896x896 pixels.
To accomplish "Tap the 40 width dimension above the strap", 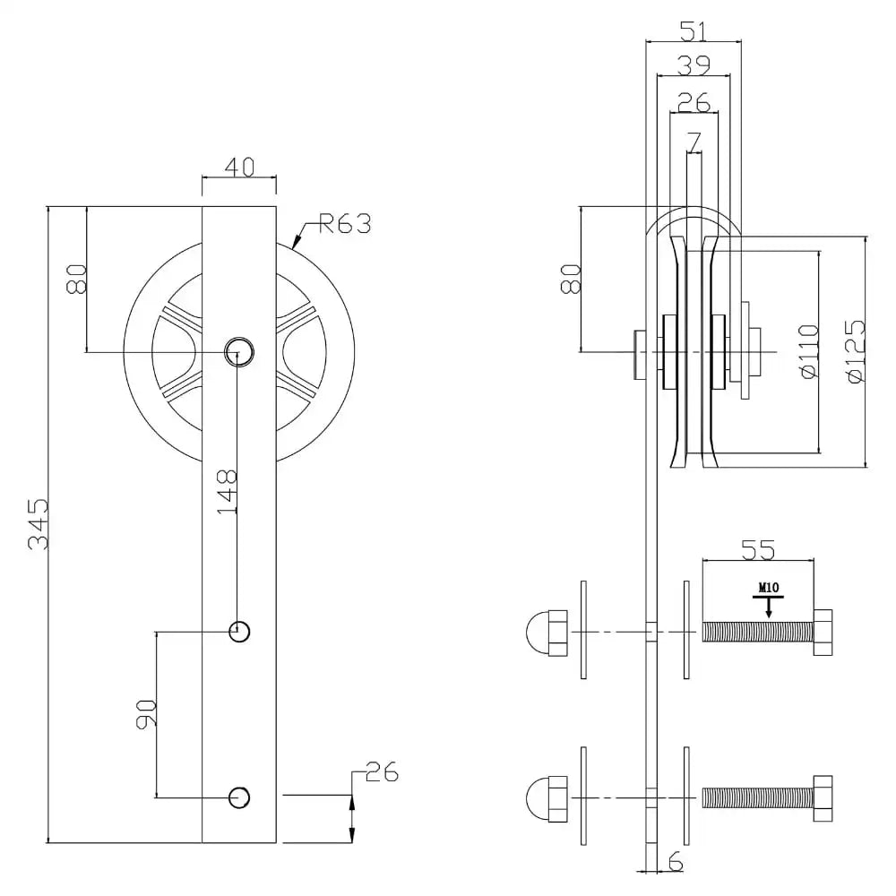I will click(x=238, y=167).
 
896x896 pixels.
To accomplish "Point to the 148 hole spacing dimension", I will click(x=228, y=489).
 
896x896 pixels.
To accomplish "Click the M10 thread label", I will click(x=768, y=589).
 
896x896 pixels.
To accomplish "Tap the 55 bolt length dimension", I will click(x=758, y=547).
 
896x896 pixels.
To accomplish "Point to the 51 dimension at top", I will click(x=694, y=31).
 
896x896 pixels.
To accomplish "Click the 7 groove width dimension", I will click(x=694, y=141).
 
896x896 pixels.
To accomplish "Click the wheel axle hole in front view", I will click(x=238, y=349).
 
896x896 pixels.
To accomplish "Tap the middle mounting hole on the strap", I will click(x=239, y=632).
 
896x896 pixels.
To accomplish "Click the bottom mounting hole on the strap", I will click(x=239, y=797).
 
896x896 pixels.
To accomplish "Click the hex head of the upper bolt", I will click(x=823, y=632).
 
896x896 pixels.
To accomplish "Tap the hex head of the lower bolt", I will click(x=823, y=797).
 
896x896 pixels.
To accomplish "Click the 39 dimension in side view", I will click(x=694, y=65).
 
